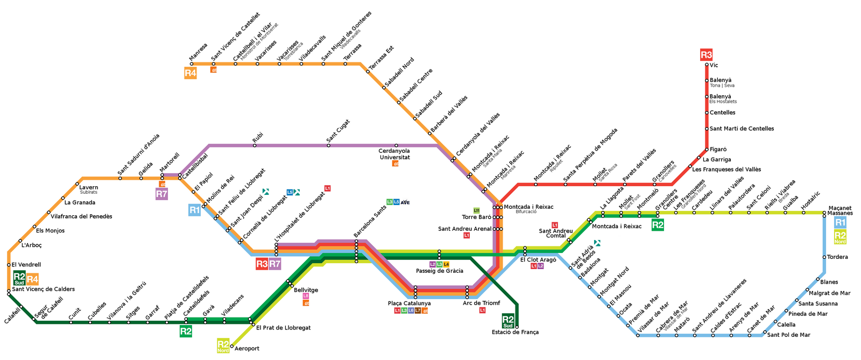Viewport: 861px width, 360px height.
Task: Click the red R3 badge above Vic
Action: [x=706, y=54]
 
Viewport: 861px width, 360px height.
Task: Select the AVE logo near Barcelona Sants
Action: [x=405, y=202]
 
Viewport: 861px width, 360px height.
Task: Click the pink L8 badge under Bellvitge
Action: [x=306, y=296]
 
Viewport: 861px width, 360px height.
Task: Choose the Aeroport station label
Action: [x=247, y=349]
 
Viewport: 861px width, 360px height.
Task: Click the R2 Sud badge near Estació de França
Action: [x=508, y=321]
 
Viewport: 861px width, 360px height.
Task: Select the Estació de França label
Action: [x=515, y=332]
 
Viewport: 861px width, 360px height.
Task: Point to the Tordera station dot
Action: [x=824, y=257]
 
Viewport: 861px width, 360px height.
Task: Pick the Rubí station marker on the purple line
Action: [x=255, y=145]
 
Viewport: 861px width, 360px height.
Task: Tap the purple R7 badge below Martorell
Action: [x=161, y=194]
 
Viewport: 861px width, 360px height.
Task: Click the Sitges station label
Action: [x=133, y=314]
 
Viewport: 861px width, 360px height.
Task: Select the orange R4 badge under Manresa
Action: [x=190, y=73]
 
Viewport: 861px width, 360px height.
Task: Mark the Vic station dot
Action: [x=706, y=65]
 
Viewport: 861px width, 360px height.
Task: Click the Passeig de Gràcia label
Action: [x=439, y=271]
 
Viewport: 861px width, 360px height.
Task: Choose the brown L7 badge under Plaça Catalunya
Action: [x=418, y=310]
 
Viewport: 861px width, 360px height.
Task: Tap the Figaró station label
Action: [x=718, y=149]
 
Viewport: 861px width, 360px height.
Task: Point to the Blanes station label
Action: [x=829, y=282]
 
